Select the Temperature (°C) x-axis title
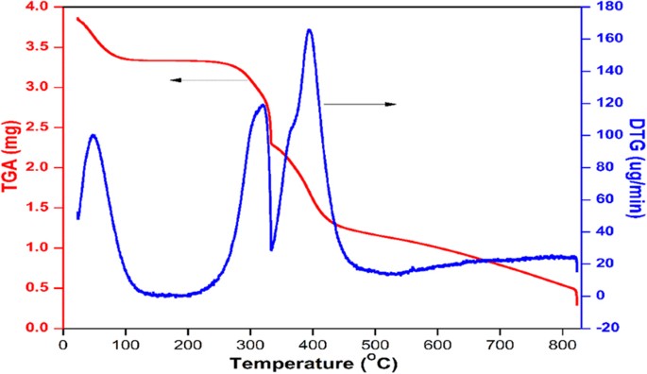click(327, 362)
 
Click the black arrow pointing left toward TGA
click(176, 81)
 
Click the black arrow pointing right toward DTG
click(391, 103)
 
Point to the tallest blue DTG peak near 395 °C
click(309, 30)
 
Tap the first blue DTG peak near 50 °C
click(93, 135)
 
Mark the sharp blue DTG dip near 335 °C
click(272, 248)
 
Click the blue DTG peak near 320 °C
click(262, 106)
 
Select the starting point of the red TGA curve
click(77, 18)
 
